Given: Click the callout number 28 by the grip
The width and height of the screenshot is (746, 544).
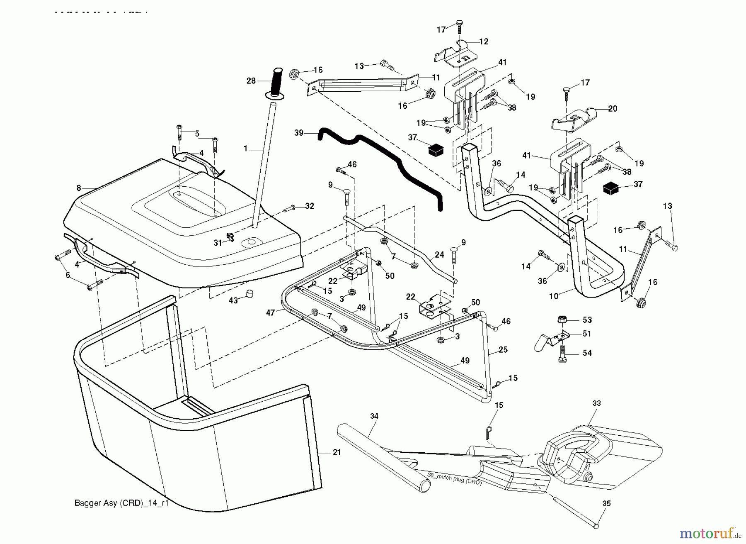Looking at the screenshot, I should [x=251, y=81].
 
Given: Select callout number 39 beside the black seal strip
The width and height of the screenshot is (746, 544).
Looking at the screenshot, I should [x=299, y=133].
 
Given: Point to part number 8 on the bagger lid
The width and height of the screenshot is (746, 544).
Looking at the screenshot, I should [x=79, y=188].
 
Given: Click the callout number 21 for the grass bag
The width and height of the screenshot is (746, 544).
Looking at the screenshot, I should [x=337, y=452].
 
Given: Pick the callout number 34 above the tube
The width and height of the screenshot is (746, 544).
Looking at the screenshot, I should [x=374, y=416].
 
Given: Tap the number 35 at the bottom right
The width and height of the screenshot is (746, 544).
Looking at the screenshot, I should [x=606, y=504].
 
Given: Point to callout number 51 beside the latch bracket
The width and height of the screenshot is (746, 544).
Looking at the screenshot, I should [x=587, y=334].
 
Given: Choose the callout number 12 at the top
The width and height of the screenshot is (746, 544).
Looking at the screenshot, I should [x=484, y=41].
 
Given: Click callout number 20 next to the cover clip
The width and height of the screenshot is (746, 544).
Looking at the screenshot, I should [x=613, y=109].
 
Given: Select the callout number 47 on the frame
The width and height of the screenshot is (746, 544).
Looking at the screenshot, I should [x=270, y=313].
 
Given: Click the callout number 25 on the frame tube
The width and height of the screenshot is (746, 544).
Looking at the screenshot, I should [x=503, y=350].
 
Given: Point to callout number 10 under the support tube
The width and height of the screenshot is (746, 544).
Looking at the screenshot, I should [x=554, y=296].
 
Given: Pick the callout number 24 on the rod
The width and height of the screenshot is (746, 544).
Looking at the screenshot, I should [x=439, y=255].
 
